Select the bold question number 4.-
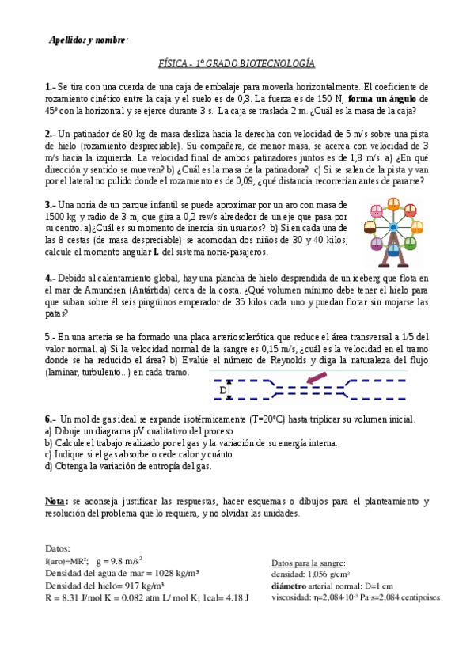tap(51, 278)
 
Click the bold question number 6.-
tap(51, 419)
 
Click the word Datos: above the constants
tap(58, 548)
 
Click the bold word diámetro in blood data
tap(290, 586)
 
